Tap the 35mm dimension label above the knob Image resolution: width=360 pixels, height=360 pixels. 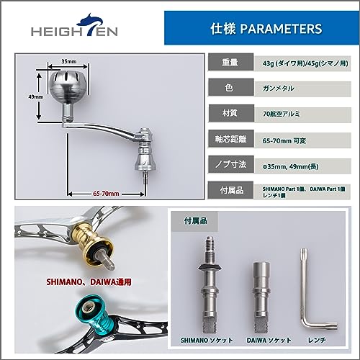click(x=69, y=61)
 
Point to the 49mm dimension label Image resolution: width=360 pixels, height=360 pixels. click(x=36, y=97)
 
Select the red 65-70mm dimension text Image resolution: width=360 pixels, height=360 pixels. click(x=106, y=194)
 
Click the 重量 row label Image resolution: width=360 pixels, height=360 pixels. click(x=230, y=62)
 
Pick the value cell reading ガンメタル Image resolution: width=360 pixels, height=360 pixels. click(x=303, y=89)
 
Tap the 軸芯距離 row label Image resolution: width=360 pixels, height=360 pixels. click(x=231, y=139)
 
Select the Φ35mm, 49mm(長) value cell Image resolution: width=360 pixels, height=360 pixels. click(x=303, y=166)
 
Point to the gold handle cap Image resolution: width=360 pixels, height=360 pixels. click(x=96, y=243)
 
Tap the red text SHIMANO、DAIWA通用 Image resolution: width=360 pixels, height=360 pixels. click(x=89, y=282)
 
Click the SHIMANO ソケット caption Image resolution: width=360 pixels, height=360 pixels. click(x=207, y=340)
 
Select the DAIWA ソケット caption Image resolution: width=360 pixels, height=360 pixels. click(x=269, y=340)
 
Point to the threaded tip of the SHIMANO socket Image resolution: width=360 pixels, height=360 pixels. click(x=210, y=243)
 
